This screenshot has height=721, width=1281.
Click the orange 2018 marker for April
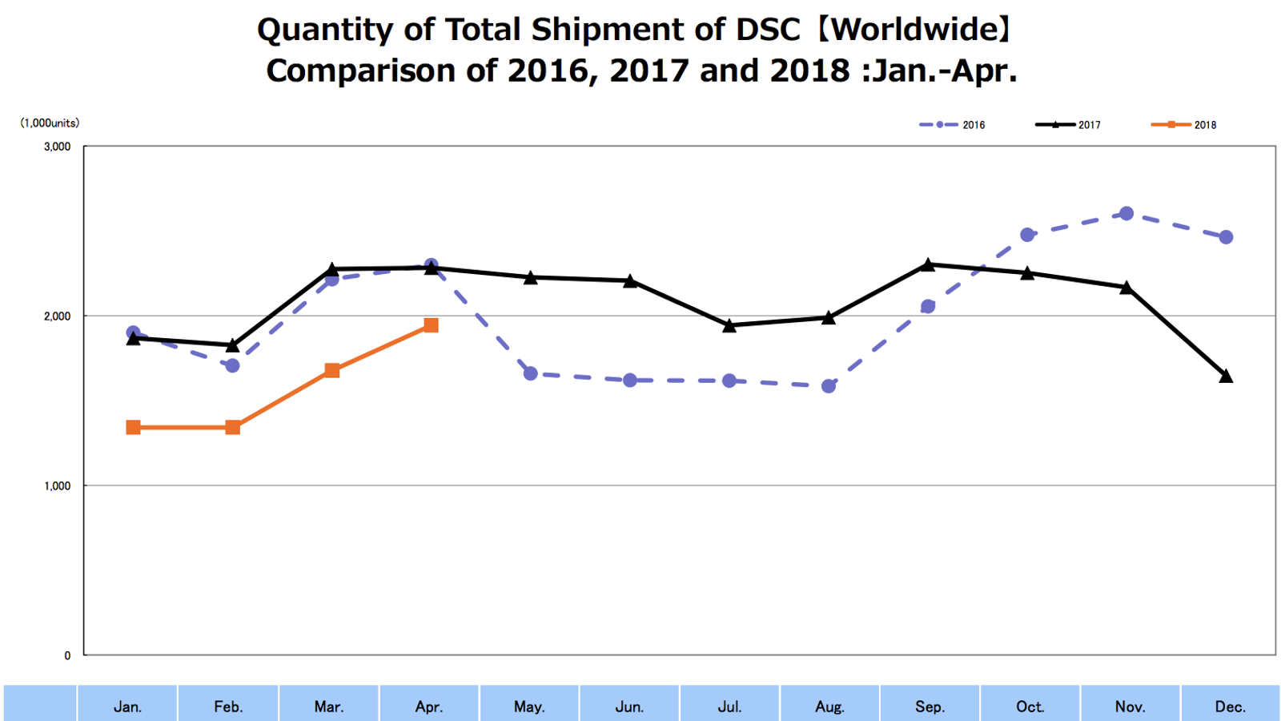tap(431, 325)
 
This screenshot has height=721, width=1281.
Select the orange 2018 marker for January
tap(134, 428)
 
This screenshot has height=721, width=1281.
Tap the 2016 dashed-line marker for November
tap(1126, 213)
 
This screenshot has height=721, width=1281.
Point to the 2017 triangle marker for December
tap(1226, 376)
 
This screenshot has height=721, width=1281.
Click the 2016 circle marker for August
tap(829, 386)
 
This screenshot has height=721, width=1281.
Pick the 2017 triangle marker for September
tap(928, 264)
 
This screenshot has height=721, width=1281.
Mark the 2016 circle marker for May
tap(530, 373)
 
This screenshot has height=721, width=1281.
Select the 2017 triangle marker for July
tap(729, 325)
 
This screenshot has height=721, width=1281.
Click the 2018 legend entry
tap(1184, 125)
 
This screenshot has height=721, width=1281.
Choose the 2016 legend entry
tap(953, 125)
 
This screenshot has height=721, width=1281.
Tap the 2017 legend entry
tap(1069, 125)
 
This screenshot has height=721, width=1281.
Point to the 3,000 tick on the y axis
tap(58, 147)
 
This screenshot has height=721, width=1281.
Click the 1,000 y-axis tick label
tap(58, 485)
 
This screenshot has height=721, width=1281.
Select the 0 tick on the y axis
tap(67, 655)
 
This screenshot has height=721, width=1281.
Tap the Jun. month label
tap(629, 707)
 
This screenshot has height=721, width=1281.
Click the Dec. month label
tap(1230, 707)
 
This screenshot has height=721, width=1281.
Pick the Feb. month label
tap(228, 707)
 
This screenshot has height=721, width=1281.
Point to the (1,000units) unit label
tap(50, 123)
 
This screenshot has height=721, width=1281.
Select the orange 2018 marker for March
tap(332, 370)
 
